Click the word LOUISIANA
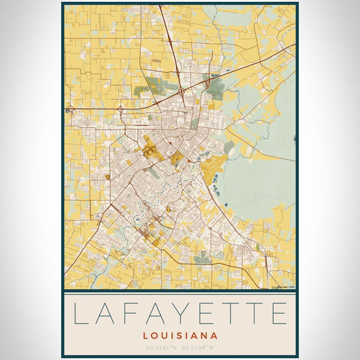[x=180, y=336]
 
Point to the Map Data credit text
[x=286, y=287]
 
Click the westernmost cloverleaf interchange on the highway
[x=71, y=110]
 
